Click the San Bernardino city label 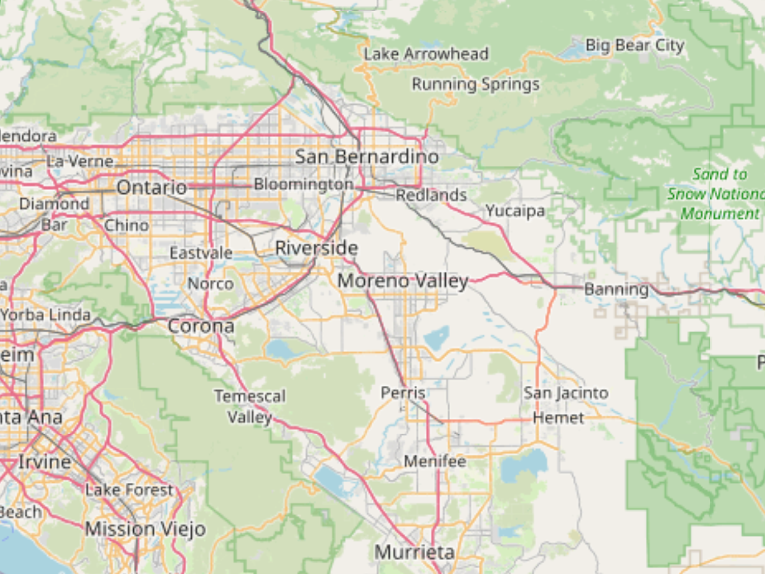coord(367,157)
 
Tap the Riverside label coord(316,248)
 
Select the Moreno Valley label coord(403,281)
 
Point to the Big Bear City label coord(634,46)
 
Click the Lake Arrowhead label coord(426,54)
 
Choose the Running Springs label coord(476,84)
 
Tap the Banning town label coord(616,290)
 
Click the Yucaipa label coord(515,210)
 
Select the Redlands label coord(432,195)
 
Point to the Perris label coord(403,393)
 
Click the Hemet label coord(558,418)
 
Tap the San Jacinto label coord(566,394)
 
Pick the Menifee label coord(435,460)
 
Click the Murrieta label coord(415,552)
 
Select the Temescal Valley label coord(250,407)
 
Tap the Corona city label coord(201,327)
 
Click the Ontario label coord(152,188)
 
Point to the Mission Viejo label coord(145,529)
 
